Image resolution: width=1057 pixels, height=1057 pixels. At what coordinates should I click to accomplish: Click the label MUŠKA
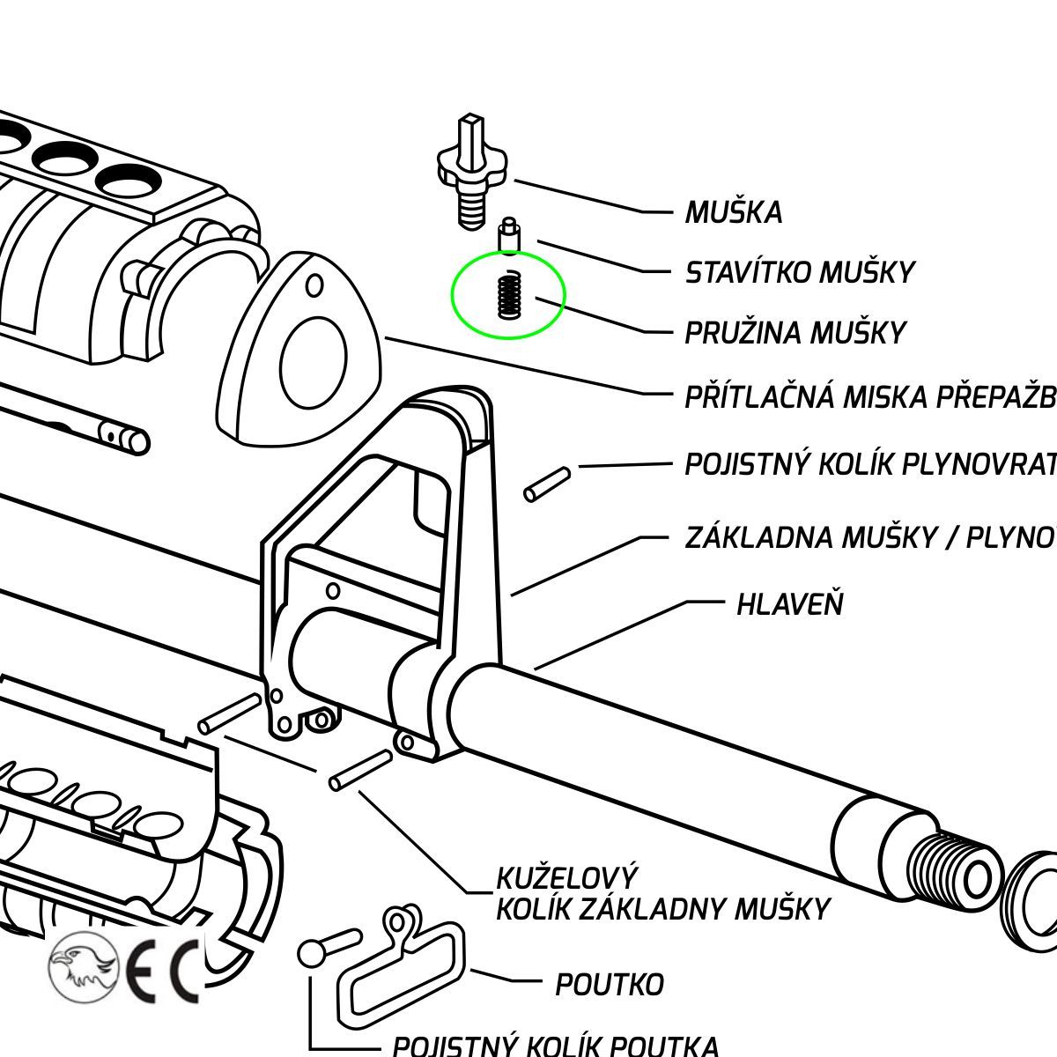[734, 213]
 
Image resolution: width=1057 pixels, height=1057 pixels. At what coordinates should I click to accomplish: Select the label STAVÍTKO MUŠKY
[800, 273]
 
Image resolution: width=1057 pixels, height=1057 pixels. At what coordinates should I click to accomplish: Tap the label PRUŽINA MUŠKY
[795, 333]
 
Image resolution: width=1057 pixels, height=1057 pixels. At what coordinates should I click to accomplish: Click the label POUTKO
[609, 984]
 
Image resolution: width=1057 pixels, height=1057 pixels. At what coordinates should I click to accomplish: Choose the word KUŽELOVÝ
[566, 879]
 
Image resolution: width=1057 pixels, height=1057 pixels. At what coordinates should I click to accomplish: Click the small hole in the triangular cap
[314, 286]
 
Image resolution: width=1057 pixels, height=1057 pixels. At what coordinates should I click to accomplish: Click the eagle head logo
[82, 966]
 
